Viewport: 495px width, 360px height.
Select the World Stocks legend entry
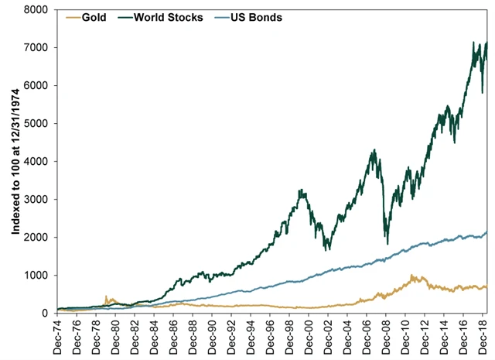click(x=166, y=16)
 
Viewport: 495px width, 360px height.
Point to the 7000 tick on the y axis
click(x=37, y=48)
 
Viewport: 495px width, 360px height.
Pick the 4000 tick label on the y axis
click(x=37, y=162)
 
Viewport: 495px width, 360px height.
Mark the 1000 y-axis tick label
click(x=37, y=276)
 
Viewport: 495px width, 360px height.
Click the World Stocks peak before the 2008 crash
click(x=374, y=150)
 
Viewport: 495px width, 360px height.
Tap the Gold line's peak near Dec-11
click(x=412, y=275)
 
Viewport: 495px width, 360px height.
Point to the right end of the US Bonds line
click(x=486, y=231)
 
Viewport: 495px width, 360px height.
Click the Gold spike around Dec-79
click(x=106, y=296)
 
